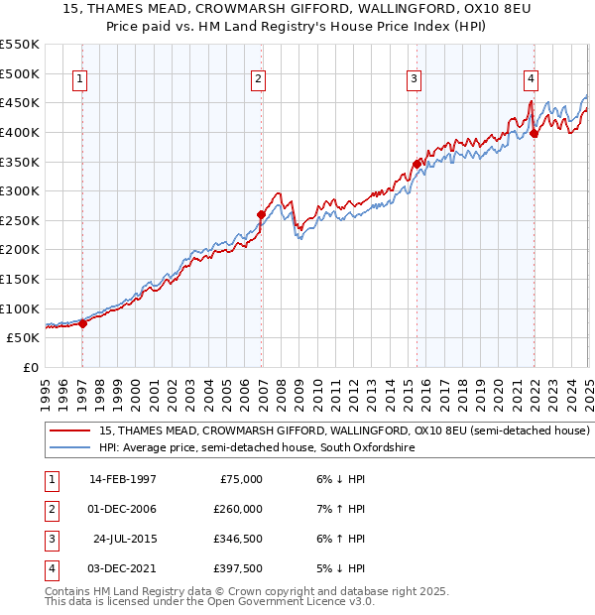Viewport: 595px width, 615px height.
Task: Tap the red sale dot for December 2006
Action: click(262, 214)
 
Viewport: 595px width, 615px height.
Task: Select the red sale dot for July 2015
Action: click(417, 164)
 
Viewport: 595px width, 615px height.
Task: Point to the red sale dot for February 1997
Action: click(82, 322)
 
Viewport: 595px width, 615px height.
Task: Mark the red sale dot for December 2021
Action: click(534, 134)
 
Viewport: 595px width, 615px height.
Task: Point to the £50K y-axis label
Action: click(24, 337)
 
